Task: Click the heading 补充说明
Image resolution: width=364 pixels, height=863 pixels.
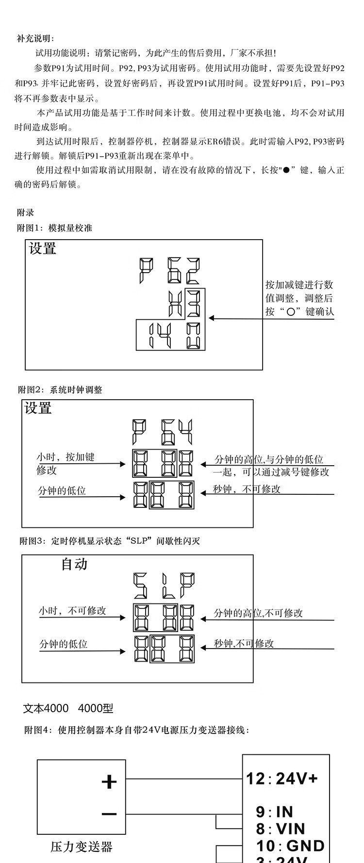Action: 36,39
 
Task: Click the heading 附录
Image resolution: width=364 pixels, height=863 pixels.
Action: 26,212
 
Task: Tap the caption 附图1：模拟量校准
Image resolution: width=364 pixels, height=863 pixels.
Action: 54,228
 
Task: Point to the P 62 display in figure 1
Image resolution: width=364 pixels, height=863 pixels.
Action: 168,272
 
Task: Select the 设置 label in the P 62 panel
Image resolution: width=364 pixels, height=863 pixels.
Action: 43,249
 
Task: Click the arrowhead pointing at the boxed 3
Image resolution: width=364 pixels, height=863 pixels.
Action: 212,318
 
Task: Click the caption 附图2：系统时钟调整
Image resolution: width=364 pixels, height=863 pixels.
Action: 60,390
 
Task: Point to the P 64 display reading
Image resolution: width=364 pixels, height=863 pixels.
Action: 163,432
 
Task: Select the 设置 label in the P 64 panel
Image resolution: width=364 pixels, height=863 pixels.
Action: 38,408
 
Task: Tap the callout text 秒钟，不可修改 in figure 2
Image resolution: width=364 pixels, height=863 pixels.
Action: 247,488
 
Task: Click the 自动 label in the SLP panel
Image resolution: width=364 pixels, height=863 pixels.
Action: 74,564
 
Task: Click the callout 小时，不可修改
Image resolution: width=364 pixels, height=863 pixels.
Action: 72,611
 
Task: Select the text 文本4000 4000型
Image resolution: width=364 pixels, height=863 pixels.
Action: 68,708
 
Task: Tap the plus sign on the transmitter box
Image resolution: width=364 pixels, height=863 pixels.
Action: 109,782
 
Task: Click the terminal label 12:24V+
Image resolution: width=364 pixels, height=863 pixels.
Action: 281,779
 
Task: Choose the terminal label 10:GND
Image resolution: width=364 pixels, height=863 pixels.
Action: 290,846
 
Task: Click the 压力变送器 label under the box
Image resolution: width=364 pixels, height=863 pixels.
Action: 82,847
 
